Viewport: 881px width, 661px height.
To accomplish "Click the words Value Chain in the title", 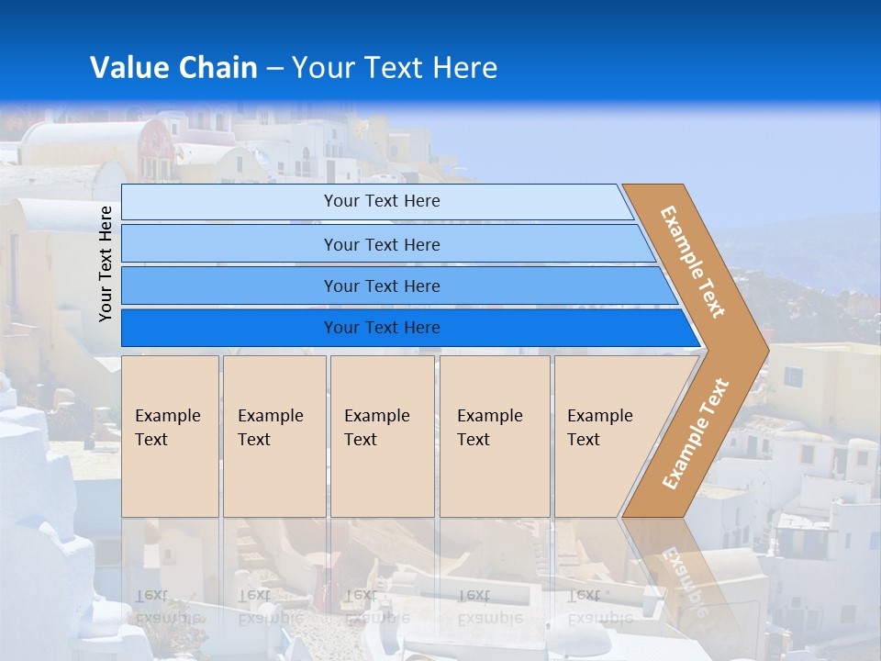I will click(173, 68).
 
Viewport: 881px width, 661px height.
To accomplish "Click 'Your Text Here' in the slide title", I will click(395, 68).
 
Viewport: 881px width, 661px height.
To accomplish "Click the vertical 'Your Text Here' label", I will click(106, 263).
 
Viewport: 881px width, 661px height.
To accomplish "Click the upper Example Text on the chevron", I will click(693, 261).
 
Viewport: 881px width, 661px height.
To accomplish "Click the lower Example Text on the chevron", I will click(695, 434).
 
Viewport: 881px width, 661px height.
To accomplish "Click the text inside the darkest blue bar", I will click(382, 328).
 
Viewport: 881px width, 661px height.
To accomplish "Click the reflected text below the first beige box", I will click(167, 607).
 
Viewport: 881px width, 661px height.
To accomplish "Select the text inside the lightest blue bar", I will click(382, 201).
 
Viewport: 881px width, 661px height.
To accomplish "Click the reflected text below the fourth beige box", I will click(489, 607).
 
